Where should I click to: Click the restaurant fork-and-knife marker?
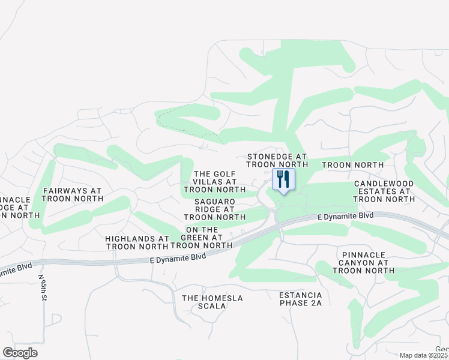(283, 179)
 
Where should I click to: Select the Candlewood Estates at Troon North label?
(382, 191)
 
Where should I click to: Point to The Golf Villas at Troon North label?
(215, 182)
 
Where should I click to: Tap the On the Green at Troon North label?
(202, 238)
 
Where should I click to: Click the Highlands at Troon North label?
(137, 242)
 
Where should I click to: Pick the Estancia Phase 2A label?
(301, 299)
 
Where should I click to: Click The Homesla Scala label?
(204, 302)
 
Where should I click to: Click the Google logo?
(20, 353)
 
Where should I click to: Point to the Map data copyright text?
(424, 355)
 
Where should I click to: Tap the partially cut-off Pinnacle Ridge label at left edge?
(14, 207)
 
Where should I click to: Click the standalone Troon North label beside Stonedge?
(352, 165)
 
